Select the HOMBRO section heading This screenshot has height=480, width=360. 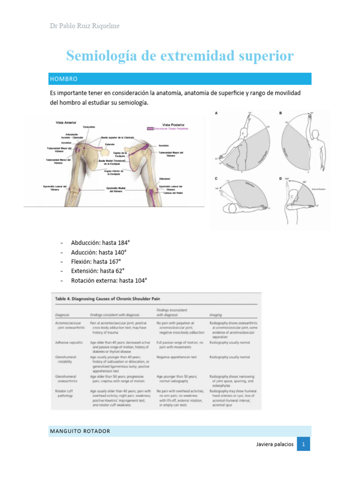click(x=64, y=79)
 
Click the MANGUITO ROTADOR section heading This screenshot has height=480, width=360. click(x=80, y=431)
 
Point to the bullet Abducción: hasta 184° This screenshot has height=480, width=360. click(x=100, y=243)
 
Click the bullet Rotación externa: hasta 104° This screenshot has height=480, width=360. click(x=109, y=280)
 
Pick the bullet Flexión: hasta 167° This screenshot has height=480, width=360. click(x=96, y=262)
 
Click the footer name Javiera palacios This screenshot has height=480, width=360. click(x=276, y=444)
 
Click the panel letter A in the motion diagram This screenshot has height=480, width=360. click(x=216, y=113)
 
